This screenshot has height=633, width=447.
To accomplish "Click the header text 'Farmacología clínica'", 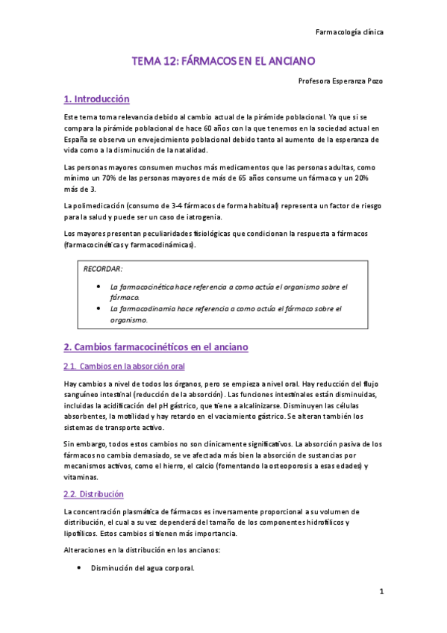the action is coord(350,32).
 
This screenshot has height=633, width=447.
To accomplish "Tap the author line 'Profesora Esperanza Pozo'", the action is coord(340,81).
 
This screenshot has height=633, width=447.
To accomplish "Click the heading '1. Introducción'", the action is coord(97,99).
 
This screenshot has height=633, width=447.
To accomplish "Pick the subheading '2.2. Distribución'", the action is coord(94,494).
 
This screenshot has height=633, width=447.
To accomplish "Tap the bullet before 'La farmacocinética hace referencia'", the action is coord(99,286).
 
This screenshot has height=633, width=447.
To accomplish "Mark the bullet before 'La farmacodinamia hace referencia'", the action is coord(99,308).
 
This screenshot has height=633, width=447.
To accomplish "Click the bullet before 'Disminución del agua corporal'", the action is coord(80,568).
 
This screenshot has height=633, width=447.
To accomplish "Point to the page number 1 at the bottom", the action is coord(381,592).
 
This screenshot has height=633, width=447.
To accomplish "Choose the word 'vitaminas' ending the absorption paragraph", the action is coord(81,476).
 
